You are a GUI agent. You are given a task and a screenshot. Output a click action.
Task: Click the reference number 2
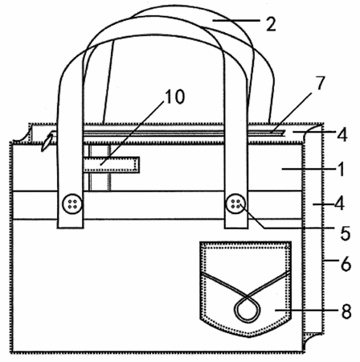(x=271, y=24)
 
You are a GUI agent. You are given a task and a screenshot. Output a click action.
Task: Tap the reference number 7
(x=320, y=84)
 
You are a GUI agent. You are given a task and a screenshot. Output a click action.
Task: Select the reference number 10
(x=174, y=97)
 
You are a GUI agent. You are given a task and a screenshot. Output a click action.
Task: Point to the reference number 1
(x=341, y=169)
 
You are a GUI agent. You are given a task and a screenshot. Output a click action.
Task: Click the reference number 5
(x=346, y=233)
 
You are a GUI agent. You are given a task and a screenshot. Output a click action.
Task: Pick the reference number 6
(x=346, y=264)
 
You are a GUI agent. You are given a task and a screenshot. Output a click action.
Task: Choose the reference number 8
(x=346, y=311)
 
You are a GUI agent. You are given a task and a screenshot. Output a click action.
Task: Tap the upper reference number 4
(x=342, y=134)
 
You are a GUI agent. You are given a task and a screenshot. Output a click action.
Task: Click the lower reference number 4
(x=339, y=204)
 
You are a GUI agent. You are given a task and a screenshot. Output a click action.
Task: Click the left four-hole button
(x=72, y=204)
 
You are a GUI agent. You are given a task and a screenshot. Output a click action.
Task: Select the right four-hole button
(x=235, y=204)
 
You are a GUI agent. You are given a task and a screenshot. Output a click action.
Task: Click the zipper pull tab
(x=47, y=142)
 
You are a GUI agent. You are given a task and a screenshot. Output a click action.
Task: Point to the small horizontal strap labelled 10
(x=111, y=165)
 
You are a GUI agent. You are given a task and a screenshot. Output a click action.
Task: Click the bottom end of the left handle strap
(x=70, y=228)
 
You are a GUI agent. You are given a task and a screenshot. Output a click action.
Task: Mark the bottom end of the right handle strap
(x=235, y=228)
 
